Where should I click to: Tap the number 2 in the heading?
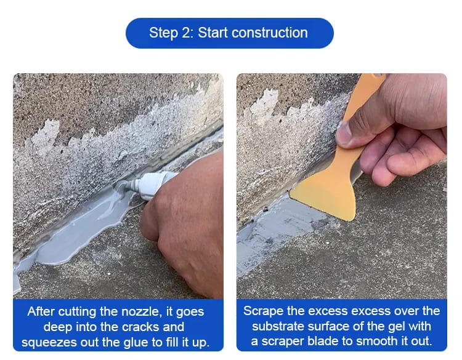coord(187,33)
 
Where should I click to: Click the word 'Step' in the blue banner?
coord(163,33)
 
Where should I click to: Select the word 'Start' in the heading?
coord(213,33)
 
